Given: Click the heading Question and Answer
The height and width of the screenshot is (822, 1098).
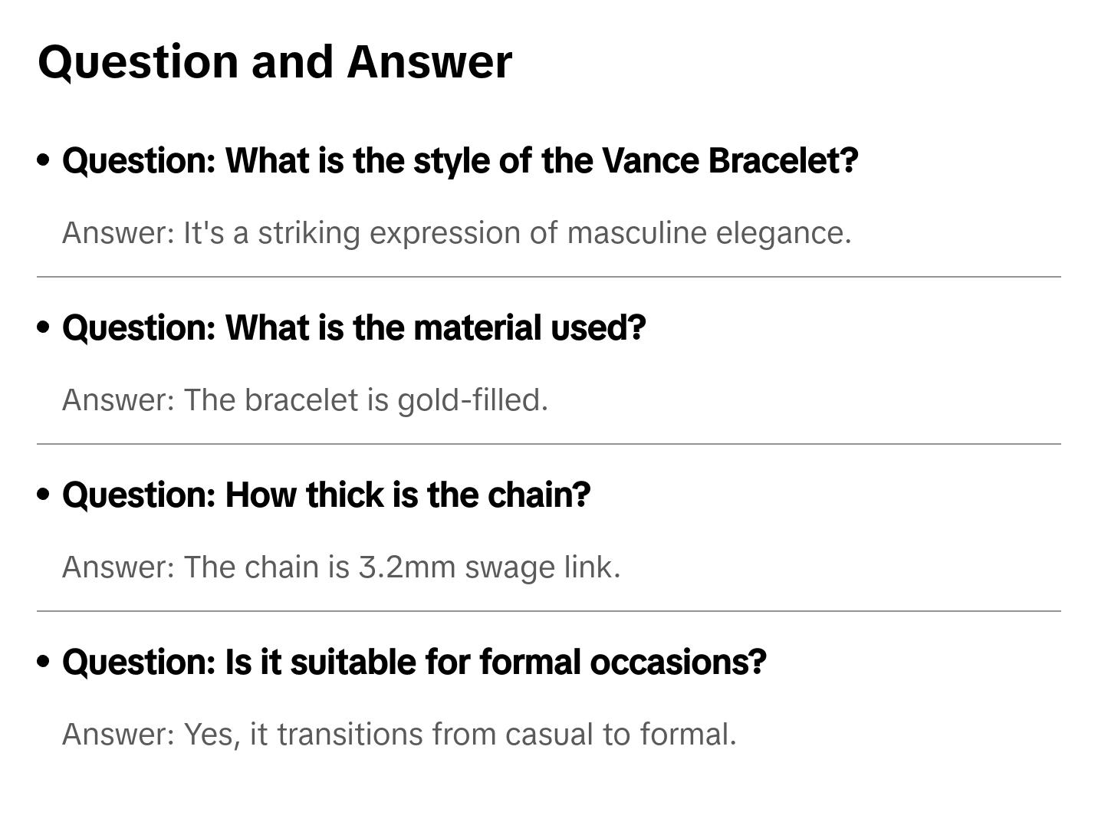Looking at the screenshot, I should coord(274,61).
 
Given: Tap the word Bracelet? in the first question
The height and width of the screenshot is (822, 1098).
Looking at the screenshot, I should coord(783,161).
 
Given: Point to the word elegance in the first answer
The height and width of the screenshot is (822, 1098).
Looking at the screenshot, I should coord(783,233).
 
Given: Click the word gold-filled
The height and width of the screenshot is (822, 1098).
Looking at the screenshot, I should coord(472,400).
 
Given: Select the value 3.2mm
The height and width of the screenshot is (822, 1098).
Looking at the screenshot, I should coord(407,567).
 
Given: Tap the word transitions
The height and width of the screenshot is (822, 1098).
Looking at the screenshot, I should coord(350,735).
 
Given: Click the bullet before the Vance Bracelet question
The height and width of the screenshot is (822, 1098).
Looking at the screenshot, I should coord(44,160).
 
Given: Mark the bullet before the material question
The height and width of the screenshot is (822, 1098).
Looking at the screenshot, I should coord(44,327).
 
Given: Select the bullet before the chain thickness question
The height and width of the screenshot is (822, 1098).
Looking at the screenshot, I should coord(44,495).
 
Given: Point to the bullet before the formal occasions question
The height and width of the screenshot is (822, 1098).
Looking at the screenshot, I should coord(44,662).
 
